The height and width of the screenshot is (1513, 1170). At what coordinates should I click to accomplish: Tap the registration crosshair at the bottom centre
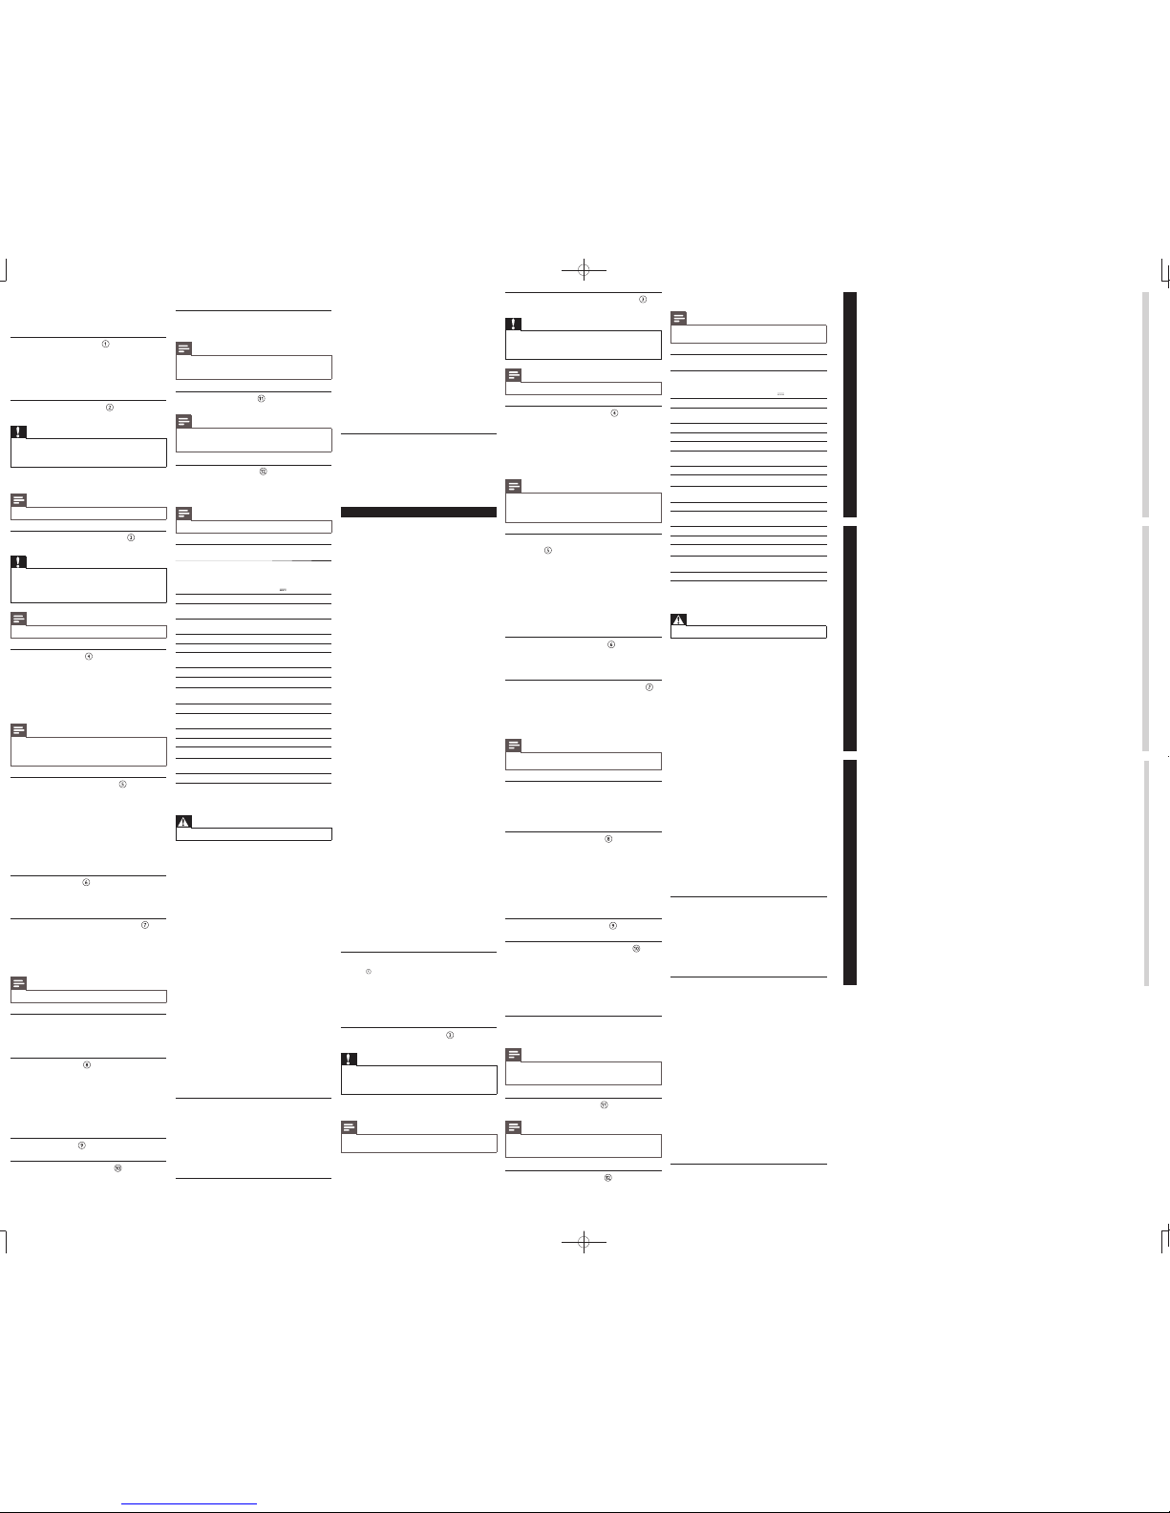pos(585,1242)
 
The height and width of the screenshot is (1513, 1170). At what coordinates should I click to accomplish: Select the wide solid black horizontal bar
pos(418,513)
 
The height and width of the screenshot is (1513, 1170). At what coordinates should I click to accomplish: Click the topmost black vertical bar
pos(849,404)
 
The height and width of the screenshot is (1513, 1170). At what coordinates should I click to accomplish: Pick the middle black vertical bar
pos(849,638)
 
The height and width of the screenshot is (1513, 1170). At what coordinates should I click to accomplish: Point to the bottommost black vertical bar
pos(849,872)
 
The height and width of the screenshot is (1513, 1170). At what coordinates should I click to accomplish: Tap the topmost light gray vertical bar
pos(1146,404)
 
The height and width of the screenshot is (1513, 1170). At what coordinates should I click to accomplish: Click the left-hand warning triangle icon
pos(184,822)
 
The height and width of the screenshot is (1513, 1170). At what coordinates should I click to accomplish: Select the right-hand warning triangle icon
pos(679,620)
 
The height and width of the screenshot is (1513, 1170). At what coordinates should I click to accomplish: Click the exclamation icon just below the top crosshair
pos(513,324)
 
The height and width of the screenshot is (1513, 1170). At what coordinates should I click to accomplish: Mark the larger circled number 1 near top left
pos(106,344)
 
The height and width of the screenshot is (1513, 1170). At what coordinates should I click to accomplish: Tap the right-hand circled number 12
pos(606,1178)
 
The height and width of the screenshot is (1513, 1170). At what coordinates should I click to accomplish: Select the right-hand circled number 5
pos(548,552)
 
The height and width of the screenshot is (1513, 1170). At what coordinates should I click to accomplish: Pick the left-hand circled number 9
pos(83,1145)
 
